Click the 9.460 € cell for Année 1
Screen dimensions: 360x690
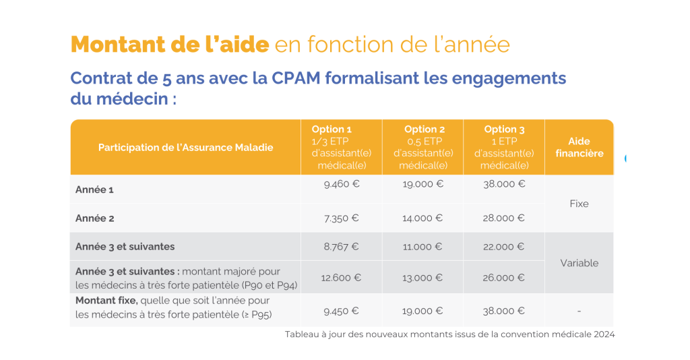(341, 183)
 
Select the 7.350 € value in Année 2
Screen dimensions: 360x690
(341, 218)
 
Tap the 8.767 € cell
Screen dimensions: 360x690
(341, 247)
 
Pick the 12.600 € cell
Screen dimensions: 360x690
(341, 277)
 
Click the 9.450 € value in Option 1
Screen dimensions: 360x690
(341, 311)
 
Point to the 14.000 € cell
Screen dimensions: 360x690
(422, 218)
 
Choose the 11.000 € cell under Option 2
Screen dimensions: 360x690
(422, 247)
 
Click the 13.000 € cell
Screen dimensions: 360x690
(422, 277)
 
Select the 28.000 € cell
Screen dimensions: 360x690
(504, 218)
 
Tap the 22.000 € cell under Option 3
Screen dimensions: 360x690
(504, 247)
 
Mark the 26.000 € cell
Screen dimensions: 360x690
(504, 277)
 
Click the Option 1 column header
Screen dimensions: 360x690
(341, 147)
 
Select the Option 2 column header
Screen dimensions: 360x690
(422, 147)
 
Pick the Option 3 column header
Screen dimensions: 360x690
(504, 147)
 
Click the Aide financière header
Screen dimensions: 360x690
(579, 147)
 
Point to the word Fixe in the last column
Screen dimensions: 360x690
(579, 204)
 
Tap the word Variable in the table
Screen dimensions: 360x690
(579, 263)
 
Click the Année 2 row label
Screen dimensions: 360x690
(95, 218)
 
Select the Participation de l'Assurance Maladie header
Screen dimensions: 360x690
(185, 148)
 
